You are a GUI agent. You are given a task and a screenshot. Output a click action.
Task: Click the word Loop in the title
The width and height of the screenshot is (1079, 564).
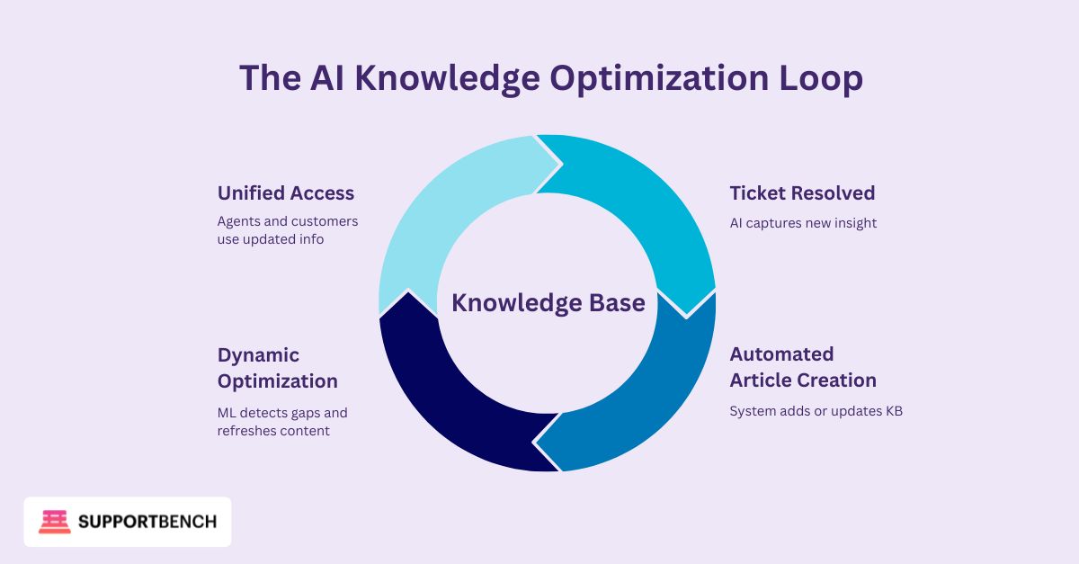(x=821, y=78)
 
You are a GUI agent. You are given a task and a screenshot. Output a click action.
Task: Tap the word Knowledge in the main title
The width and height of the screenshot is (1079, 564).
(x=448, y=78)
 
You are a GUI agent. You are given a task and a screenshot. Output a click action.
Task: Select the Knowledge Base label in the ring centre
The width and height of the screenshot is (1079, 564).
(x=548, y=303)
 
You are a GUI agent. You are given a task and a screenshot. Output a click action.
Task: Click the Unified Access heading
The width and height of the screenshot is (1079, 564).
(x=286, y=192)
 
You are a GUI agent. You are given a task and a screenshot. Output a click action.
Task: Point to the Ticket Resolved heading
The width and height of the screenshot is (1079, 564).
(x=802, y=192)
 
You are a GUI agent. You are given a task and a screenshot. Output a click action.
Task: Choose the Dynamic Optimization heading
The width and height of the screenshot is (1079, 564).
(x=278, y=368)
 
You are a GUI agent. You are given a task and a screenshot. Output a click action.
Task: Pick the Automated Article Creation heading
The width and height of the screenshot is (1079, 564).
(x=803, y=367)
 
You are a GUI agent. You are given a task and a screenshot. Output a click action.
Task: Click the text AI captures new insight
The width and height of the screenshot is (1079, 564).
(x=803, y=223)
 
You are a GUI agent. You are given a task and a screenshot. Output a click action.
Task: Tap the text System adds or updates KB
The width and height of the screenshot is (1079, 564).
(x=816, y=411)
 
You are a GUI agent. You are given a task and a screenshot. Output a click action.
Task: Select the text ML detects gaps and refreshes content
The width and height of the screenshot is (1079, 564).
(x=282, y=422)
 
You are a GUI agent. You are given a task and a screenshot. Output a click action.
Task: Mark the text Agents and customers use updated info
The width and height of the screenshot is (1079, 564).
(x=288, y=230)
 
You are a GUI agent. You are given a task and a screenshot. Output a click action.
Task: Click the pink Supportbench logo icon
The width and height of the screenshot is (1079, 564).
(x=55, y=522)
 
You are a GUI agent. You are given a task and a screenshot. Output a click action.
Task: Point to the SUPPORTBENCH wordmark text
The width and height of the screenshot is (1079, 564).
(x=147, y=522)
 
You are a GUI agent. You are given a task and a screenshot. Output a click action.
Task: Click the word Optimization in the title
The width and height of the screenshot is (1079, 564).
(x=659, y=78)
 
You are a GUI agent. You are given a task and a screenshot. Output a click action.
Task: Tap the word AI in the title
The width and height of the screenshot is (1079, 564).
(x=327, y=77)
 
